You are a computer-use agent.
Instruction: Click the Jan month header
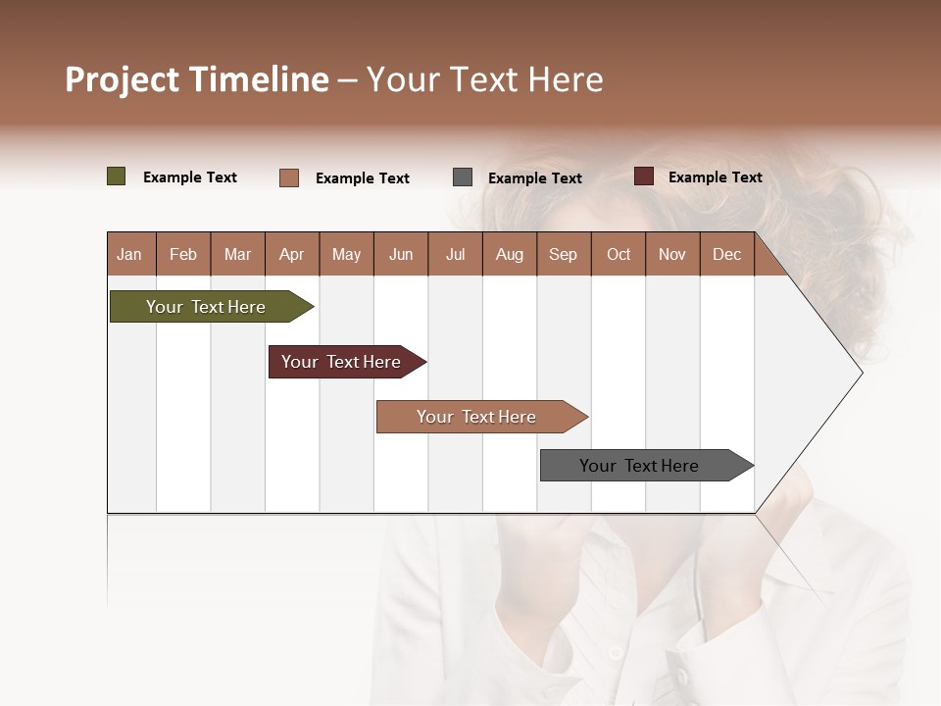point(130,254)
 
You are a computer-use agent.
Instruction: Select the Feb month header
point(183,254)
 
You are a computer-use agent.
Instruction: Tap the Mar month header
point(237,254)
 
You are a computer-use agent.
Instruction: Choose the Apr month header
point(292,254)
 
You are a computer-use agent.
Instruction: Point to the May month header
point(346,254)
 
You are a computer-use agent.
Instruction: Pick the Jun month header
point(401,254)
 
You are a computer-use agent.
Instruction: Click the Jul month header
point(455,254)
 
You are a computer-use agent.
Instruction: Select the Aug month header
point(510,254)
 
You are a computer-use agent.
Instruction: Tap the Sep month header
point(564,254)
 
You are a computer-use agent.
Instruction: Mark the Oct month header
point(619,254)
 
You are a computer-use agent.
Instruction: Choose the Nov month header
point(672,254)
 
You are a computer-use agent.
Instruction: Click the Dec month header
point(727,254)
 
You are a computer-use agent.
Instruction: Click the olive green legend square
point(117,176)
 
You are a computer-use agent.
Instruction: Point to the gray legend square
point(463,177)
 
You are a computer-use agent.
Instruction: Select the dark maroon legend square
point(644,176)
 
